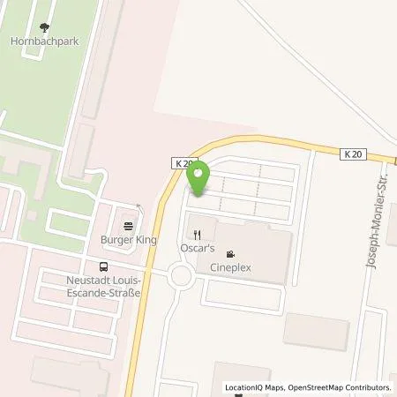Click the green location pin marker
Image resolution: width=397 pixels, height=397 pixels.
click(x=198, y=177)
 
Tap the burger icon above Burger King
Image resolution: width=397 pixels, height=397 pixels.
click(x=129, y=225)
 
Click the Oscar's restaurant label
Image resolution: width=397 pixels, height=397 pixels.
click(x=197, y=250)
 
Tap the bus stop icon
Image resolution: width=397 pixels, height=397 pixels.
click(x=104, y=266)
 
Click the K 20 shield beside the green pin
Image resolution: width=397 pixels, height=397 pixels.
click(x=183, y=164)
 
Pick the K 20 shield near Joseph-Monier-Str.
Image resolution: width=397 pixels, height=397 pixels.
click(x=353, y=154)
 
